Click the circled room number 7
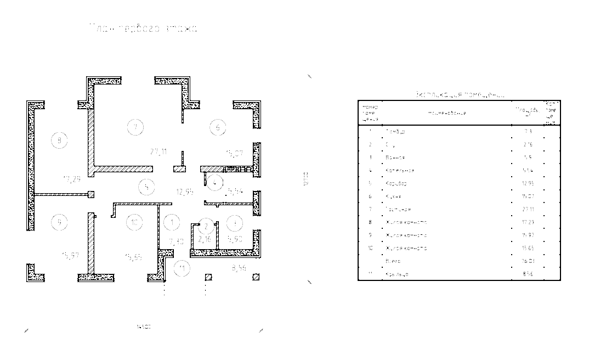click(135, 127)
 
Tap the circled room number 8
click(59, 140)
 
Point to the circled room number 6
click(218, 128)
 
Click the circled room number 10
click(134, 222)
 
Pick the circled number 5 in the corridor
click(146, 187)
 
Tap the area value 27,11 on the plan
click(159, 151)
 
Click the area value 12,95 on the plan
click(184, 192)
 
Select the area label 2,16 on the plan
click(205, 239)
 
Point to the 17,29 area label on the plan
click(72, 178)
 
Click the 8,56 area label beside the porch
click(239, 268)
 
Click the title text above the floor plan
click(144, 27)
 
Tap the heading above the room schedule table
click(458, 94)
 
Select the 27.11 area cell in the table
click(528, 209)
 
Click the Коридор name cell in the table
click(396, 183)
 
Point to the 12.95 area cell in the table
click(528, 183)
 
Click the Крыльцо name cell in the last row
click(397, 274)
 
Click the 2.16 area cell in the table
click(528, 144)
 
